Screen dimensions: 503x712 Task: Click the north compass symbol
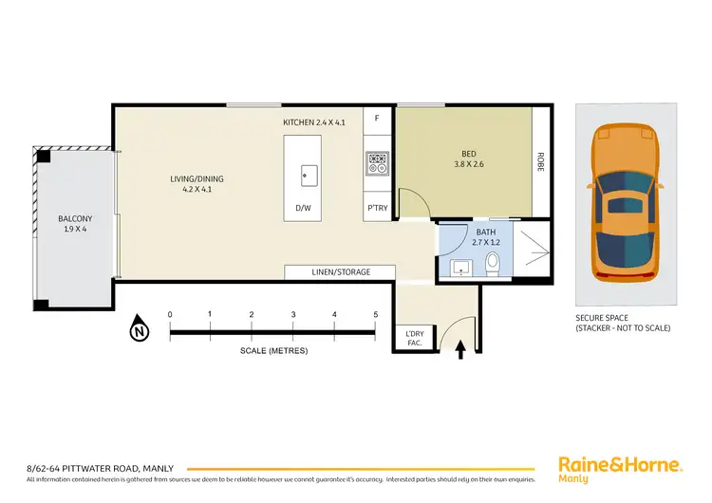click(141, 329)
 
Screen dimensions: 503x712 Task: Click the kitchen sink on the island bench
click(309, 174)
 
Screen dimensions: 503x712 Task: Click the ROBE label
click(540, 161)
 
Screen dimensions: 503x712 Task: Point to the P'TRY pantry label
click(376, 208)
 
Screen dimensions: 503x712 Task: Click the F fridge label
click(377, 119)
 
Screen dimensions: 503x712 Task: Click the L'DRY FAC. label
click(415, 339)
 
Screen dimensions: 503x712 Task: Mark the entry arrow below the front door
click(461, 350)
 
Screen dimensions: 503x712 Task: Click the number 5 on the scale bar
click(376, 314)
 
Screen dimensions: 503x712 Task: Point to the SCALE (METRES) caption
click(273, 350)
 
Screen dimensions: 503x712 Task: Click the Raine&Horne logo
click(620, 467)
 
